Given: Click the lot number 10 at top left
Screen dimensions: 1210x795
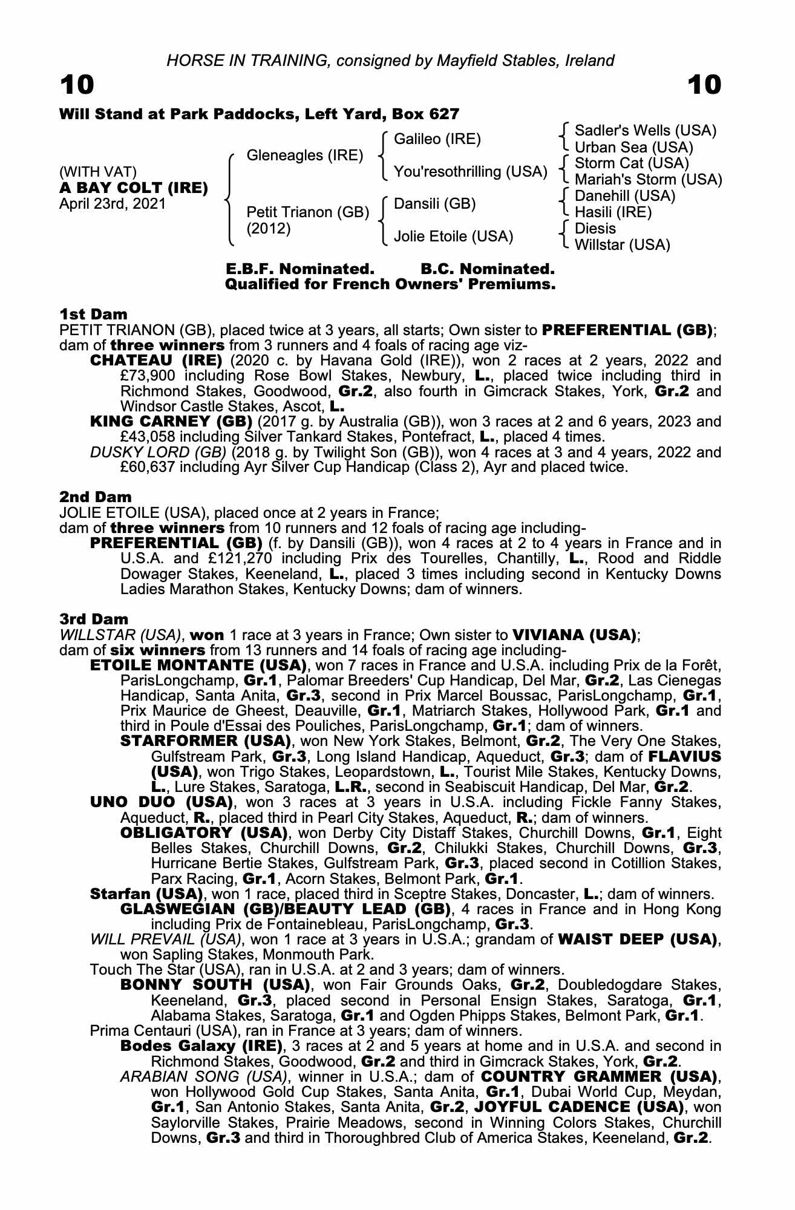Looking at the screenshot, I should [77, 85].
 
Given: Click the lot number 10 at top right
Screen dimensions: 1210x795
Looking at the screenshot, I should [704, 85].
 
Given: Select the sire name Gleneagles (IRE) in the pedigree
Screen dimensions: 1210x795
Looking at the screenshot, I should [305, 155].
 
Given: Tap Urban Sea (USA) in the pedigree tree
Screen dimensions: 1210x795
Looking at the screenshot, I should [633, 147].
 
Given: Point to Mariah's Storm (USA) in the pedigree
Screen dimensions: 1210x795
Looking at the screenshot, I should [648, 180].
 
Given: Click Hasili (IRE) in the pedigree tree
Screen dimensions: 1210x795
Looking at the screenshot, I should [613, 212].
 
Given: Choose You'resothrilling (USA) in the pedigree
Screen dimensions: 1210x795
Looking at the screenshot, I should [470, 172].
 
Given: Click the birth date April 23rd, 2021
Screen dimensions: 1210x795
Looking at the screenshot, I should [113, 204].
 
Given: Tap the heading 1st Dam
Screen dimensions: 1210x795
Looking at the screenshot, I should [94, 314].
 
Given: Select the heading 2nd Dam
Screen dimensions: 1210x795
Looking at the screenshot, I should [96, 497].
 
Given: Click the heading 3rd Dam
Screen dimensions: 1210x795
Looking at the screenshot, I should [94, 619].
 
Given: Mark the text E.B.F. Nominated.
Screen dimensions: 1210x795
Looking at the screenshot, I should [299, 268].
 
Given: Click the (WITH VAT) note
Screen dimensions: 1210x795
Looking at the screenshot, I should [97, 172].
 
